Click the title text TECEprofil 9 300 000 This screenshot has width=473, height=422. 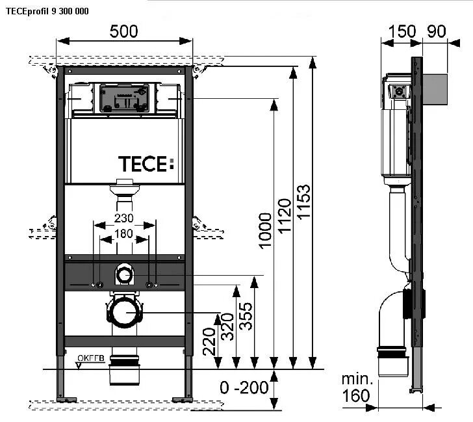[46, 11]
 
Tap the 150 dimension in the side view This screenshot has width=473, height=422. [402, 32]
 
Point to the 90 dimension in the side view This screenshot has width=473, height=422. [439, 32]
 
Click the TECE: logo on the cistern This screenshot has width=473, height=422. [146, 164]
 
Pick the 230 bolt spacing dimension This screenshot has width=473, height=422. [124, 218]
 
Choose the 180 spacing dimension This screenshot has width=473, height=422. [124, 233]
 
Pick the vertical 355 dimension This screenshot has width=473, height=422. [246, 315]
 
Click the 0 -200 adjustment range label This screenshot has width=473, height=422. [244, 388]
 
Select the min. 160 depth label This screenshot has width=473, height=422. [357, 388]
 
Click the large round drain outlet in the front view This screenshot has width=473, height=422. [123, 313]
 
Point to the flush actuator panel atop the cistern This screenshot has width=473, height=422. [123, 98]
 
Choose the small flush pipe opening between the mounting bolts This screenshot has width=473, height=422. [123, 276]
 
